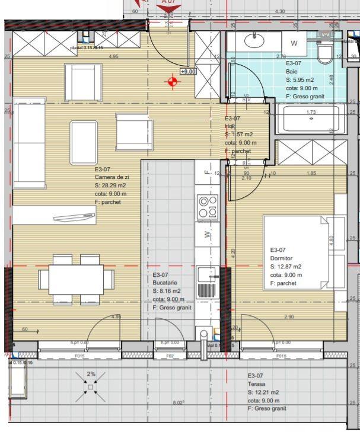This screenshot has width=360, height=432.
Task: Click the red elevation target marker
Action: [x=173, y=82]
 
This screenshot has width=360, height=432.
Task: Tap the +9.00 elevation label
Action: [x=188, y=72]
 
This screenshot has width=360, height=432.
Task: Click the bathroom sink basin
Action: [x=256, y=42]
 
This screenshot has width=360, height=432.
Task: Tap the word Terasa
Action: [x=256, y=384]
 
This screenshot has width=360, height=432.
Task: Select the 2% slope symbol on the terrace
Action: [x=91, y=385]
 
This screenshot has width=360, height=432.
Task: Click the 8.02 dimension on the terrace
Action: [x=178, y=403]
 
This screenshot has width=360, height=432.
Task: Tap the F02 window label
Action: [x=170, y=356]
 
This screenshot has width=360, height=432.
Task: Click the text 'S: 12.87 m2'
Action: [x=286, y=266]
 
